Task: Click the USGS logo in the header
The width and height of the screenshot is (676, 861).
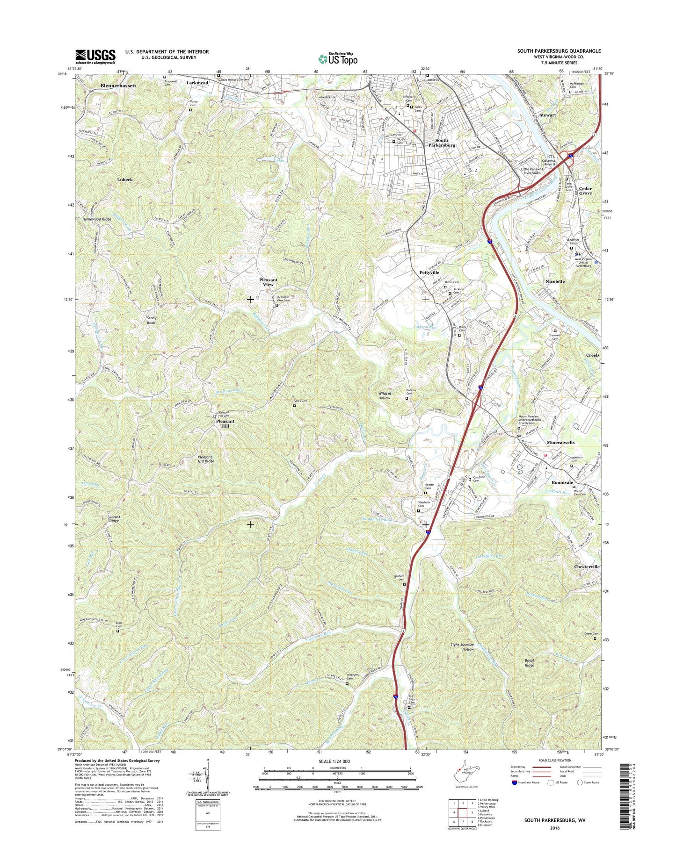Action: [95, 57]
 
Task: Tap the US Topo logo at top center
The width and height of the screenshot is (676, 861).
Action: [338, 58]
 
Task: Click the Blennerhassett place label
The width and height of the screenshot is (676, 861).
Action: [118, 86]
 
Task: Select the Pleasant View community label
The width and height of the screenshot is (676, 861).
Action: [268, 282]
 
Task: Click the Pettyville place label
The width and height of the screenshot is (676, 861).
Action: [429, 272]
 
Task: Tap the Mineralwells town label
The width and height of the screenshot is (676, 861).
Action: [560, 442]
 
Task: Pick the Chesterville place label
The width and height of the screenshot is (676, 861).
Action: [587, 567]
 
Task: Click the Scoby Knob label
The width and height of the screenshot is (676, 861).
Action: [152, 320]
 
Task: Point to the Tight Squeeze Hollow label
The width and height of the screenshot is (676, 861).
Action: [462, 647]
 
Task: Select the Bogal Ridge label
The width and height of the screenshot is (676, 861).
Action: [529, 663]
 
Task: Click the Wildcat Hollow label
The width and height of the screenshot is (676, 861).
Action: [384, 395]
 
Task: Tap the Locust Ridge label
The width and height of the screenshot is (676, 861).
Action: [115, 519]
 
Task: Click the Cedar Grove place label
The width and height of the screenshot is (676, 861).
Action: [585, 191]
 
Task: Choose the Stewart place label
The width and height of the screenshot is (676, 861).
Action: [547, 115]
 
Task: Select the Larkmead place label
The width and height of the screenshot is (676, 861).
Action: [197, 83]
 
